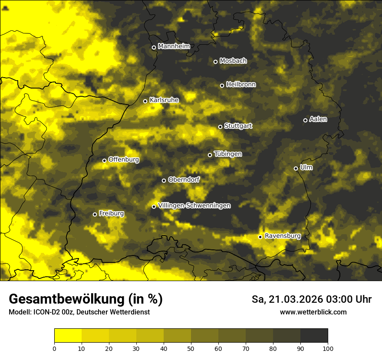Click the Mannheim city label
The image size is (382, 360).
pos(174,46)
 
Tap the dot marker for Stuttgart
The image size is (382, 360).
pos(220,127)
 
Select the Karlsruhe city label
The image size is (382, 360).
pos(164,100)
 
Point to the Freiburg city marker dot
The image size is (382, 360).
pos(95,214)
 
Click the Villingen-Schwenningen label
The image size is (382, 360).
pos(194,206)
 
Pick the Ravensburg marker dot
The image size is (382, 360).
pos(260,237)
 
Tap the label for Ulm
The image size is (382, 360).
pos(306,167)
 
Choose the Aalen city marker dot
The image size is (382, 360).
pos(305,120)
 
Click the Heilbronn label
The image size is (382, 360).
pos(241,85)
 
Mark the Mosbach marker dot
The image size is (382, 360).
pos(215,62)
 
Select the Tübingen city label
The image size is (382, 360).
pos(228,154)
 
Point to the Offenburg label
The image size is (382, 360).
pos(124,160)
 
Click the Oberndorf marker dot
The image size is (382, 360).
pos(164,180)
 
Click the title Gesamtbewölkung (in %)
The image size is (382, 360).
pos(86,299)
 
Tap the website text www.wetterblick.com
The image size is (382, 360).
pos(313,312)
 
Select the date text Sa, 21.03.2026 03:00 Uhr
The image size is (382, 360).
pos(311,299)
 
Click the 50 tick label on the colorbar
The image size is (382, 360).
pos(191,348)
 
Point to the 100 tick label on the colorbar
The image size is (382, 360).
pos(327,348)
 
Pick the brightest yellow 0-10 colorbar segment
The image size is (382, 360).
pos(68,336)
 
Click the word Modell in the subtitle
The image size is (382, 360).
pos(19,312)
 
